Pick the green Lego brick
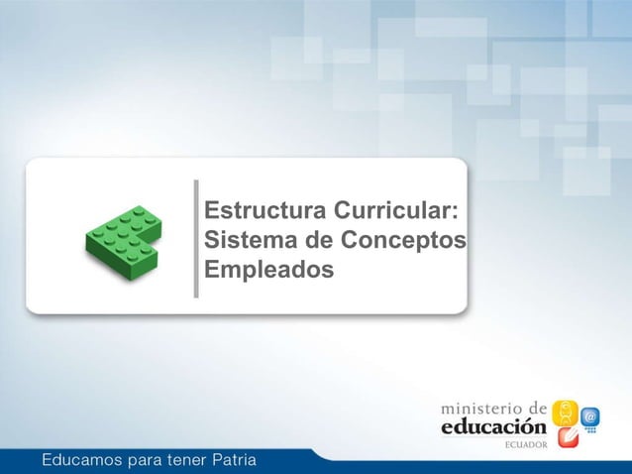pos(122,242)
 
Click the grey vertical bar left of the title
pos(196,238)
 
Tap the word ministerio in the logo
pos(479,408)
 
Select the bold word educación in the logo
pos(493,426)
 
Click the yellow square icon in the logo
pos(563,411)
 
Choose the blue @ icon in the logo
pos(590,417)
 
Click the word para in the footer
pos(142,461)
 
